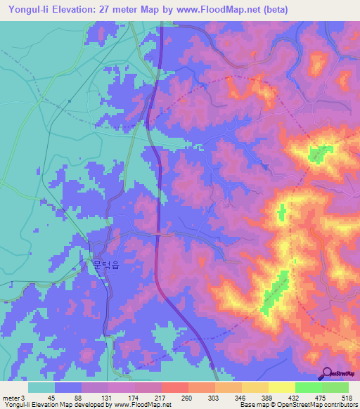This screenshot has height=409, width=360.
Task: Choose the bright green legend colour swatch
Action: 308,388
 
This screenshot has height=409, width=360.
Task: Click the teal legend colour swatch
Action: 41,388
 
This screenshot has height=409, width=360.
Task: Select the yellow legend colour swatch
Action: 281,388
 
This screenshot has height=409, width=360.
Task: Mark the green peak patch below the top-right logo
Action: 322,152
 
